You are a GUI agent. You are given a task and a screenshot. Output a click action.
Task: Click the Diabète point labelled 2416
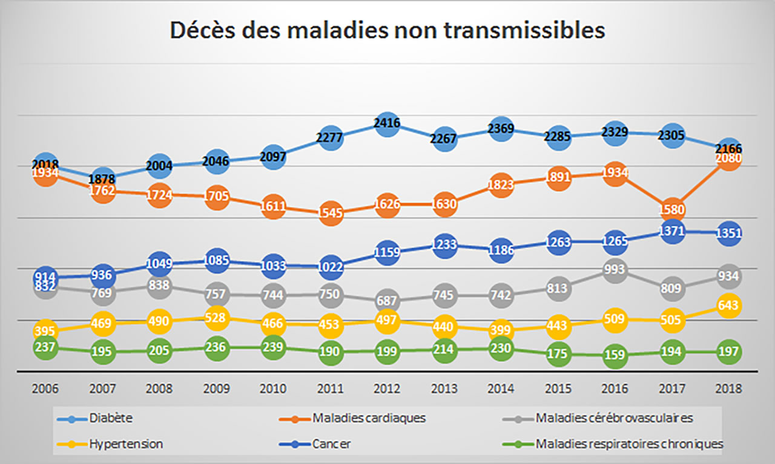point(387,125)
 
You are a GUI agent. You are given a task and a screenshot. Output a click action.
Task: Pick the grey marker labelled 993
point(615,269)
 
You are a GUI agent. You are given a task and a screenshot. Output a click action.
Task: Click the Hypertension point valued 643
point(728,305)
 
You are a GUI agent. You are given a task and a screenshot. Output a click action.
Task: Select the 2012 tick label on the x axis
point(387,389)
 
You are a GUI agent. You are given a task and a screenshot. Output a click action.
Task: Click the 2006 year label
point(45,389)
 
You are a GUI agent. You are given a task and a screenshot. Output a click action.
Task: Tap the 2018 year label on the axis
point(728,389)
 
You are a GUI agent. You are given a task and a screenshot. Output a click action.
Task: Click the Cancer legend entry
point(332,444)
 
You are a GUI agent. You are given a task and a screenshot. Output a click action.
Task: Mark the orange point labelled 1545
point(330,213)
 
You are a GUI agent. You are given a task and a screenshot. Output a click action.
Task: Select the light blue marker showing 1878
point(102,178)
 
